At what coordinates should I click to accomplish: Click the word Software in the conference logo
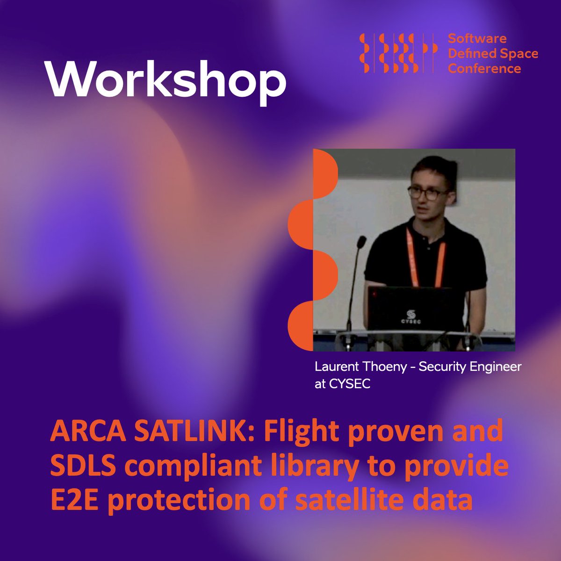click(477, 38)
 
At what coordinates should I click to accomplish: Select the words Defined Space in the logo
click(493, 53)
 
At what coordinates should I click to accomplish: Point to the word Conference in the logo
click(484, 68)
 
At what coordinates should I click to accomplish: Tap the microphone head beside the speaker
click(361, 243)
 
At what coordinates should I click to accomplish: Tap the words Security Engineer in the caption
click(469, 367)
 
